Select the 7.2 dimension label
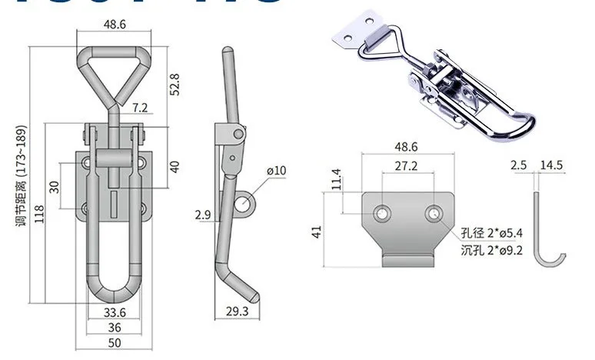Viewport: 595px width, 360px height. point(140,108)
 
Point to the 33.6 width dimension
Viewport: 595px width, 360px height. point(114,312)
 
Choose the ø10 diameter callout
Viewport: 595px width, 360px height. point(276,170)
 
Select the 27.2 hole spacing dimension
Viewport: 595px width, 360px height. point(407,165)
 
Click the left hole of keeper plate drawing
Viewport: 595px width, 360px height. point(382,212)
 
